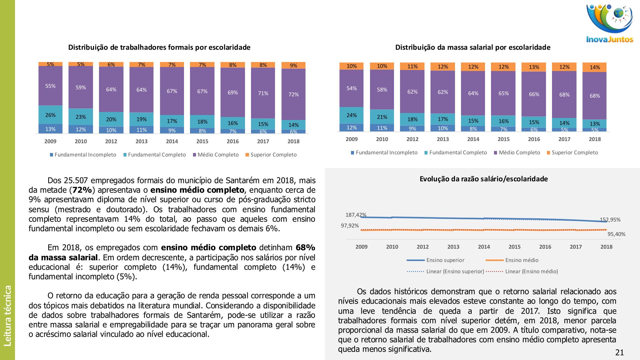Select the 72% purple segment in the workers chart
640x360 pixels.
click(x=293, y=94)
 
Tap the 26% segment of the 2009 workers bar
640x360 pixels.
click(x=50, y=115)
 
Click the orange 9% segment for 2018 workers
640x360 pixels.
click(x=293, y=65)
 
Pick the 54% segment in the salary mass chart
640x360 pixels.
click(x=352, y=88)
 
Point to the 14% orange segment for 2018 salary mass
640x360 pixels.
click(x=595, y=67)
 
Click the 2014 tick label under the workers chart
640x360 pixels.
click(x=172, y=141)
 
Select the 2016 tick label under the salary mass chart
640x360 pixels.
click(x=534, y=139)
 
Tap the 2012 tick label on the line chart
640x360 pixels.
click(x=423, y=247)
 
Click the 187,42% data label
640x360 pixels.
click(x=356, y=215)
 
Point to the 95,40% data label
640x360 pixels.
click(x=616, y=234)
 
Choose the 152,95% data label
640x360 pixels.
click(x=610, y=220)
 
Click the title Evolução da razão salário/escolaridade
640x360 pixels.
click(x=484, y=179)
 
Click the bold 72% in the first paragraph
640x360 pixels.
click(x=82, y=190)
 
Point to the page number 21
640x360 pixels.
click(x=619, y=352)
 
